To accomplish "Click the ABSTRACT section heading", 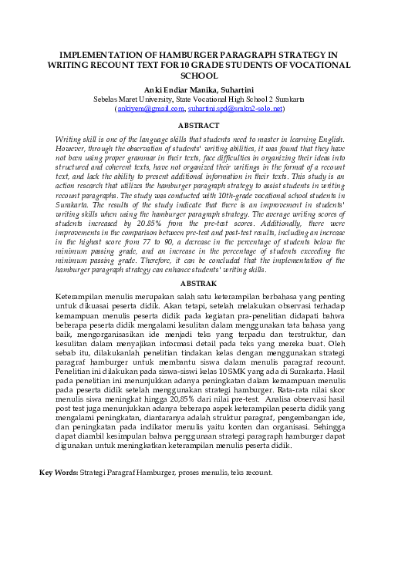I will (198, 124).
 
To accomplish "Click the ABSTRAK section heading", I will (198, 284).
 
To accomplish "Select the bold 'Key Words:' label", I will (59, 472).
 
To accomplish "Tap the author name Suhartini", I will (234, 89).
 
